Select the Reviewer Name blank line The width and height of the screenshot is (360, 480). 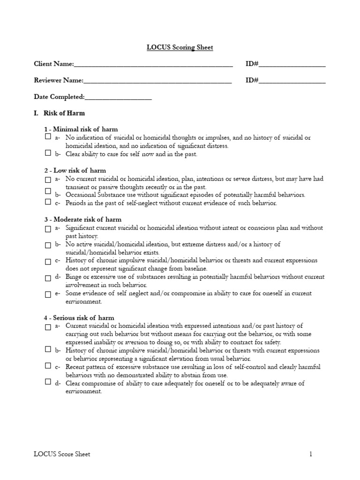pyautogui.click(x=157, y=81)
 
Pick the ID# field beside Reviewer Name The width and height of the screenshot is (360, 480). pyautogui.click(x=292, y=81)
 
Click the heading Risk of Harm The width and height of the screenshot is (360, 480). pyautogui.click(x=64, y=113)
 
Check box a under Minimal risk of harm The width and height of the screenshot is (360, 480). pyautogui.click(x=48, y=137)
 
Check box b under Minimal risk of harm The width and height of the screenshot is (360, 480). pyautogui.click(x=48, y=153)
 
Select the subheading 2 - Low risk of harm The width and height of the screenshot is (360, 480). pyautogui.click(x=75, y=170)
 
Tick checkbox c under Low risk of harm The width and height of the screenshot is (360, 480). pyautogui.click(x=48, y=202)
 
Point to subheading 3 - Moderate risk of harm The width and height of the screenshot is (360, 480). pyautogui.click(x=82, y=219)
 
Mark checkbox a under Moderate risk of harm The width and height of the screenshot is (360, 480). pyautogui.click(x=48, y=229)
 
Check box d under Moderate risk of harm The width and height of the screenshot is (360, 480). pyautogui.click(x=48, y=278)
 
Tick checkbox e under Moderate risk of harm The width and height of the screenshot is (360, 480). pyautogui.click(x=48, y=295)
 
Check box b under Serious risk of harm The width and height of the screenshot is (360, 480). pyautogui.click(x=48, y=349)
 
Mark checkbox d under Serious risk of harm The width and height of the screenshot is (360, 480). pyautogui.click(x=48, y=382)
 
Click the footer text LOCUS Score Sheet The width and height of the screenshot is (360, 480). pyautogui.click(x=62, y=454)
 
